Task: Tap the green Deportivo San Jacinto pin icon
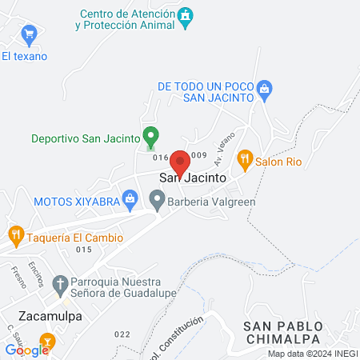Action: point(149,136)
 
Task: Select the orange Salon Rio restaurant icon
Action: point(246,159)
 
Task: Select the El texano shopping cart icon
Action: point(30,33)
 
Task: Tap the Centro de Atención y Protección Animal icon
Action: point(186,15)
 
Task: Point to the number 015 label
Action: point(85,250)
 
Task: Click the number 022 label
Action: point(122,334)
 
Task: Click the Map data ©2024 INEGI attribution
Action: point(312,354)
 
